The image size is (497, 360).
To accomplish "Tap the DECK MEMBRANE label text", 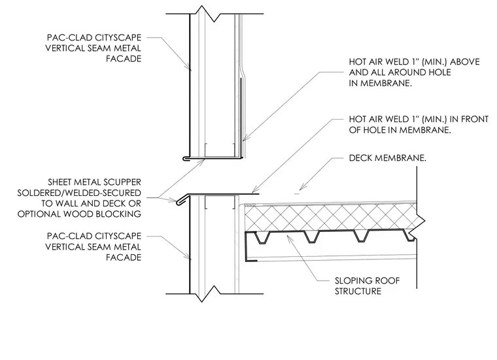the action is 388,158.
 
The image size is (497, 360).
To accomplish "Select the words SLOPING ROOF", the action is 368,280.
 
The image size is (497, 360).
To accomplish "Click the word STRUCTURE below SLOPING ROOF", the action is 358,291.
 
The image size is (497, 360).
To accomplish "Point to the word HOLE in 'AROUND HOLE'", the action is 440,73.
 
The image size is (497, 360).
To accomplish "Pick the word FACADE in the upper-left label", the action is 124,59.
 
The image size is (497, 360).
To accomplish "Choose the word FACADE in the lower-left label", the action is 124,257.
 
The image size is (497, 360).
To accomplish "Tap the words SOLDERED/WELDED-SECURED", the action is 79,193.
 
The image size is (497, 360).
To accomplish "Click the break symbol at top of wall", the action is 209,14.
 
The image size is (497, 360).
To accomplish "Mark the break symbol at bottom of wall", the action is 208,294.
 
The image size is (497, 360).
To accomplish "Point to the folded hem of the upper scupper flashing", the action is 187,158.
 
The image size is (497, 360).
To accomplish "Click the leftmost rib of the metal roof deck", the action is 262,237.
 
